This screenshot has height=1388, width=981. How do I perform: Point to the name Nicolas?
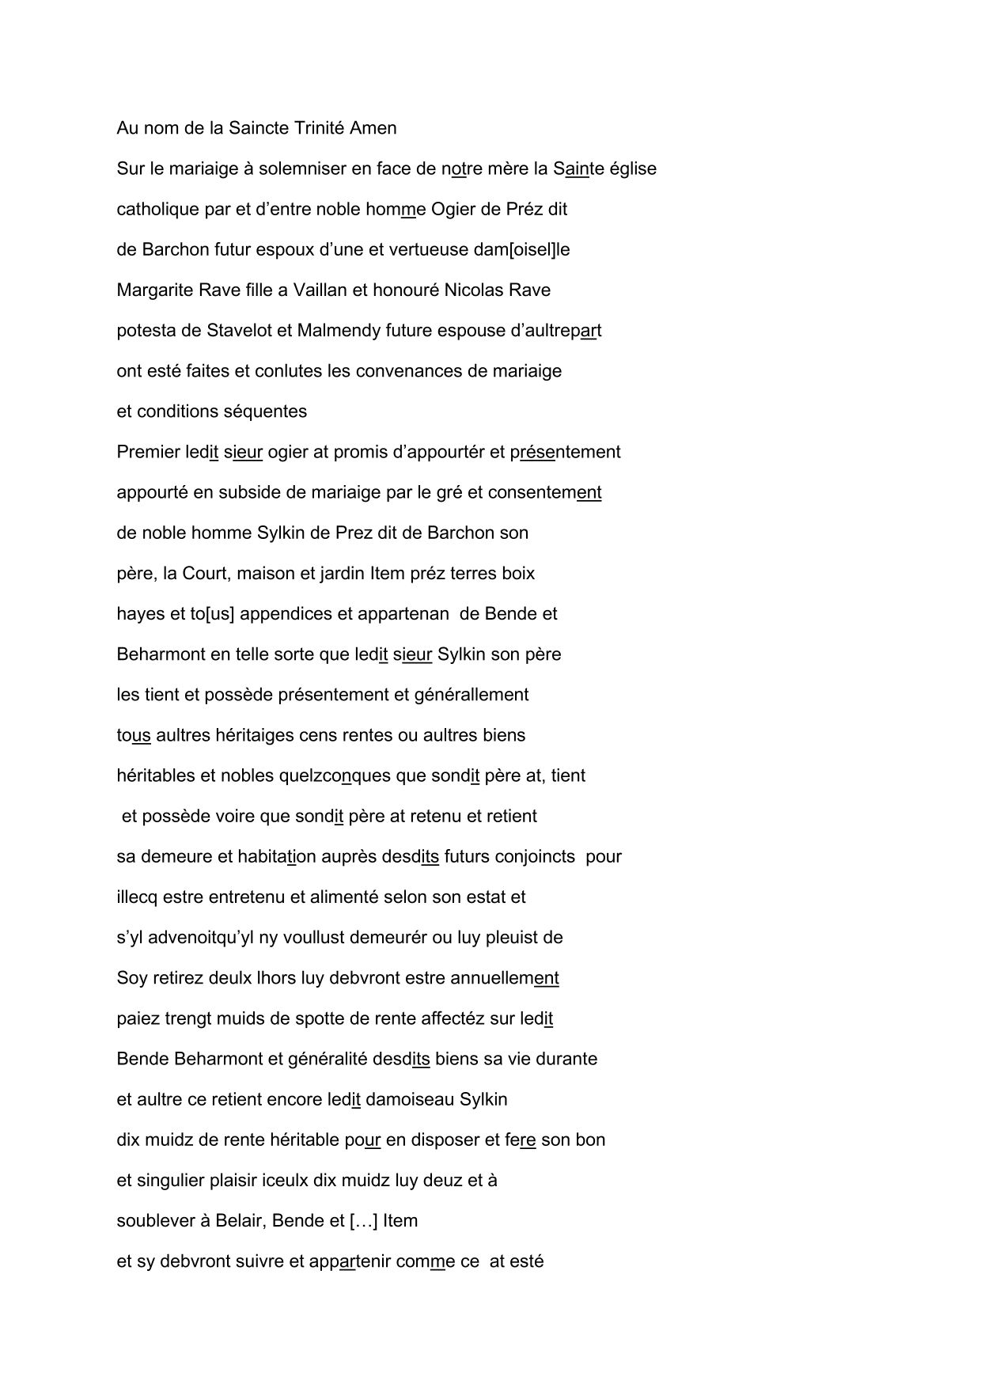pos(472,290)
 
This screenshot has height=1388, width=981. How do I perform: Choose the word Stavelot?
pos(239,331)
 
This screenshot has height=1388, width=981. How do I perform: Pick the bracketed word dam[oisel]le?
pos(521,250)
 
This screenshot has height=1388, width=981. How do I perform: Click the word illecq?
pos(138,897)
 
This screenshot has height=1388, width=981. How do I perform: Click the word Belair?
pos(239,1220)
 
